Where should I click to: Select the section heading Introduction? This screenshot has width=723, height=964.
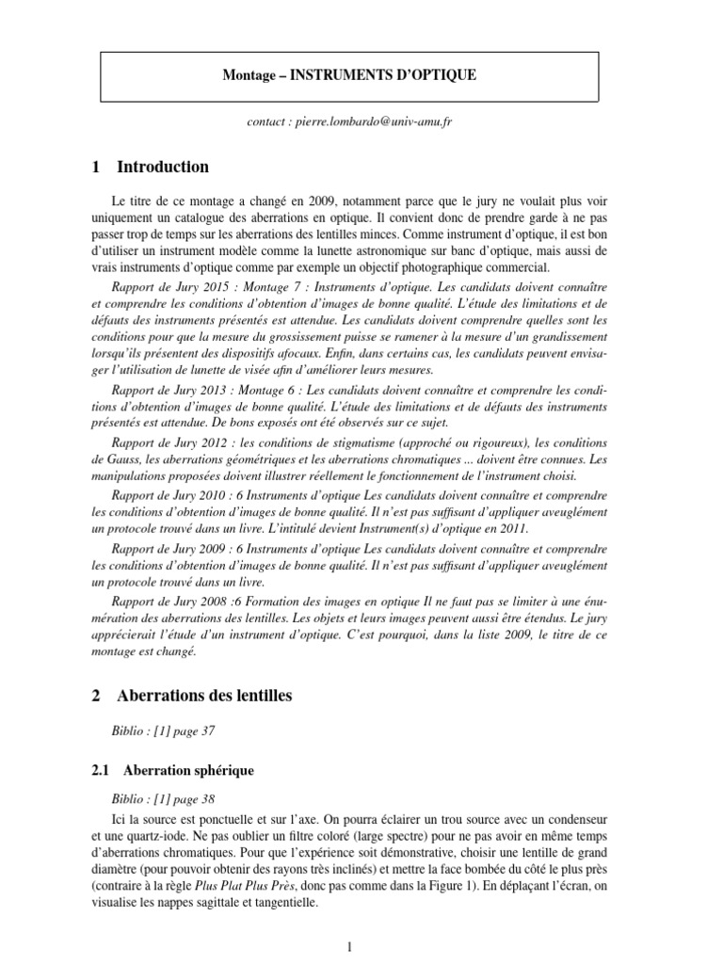pos(162,168)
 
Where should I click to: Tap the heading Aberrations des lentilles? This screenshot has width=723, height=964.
pos(204,696)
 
